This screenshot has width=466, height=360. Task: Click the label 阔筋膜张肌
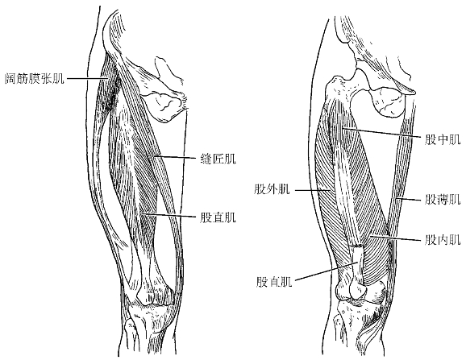click(x=35, y=78)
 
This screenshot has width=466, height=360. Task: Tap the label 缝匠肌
click(x=218, y=159)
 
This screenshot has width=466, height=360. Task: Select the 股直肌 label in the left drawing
click(x=218, y=217)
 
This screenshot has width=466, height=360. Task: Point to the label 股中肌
click(x=443, y=139)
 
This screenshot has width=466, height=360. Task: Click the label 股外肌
click(x=272, y=188)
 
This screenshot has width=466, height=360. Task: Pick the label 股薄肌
click(x=443, y=200)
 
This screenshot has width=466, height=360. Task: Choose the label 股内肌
click(x=443, y=239)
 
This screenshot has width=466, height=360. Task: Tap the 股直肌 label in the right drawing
click(x=274, y=281)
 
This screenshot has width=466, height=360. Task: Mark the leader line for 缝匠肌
click(x=175, y=157)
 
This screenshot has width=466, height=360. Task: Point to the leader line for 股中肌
click(x=382, y=132)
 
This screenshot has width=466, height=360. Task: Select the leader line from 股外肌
click(x=312, y=189)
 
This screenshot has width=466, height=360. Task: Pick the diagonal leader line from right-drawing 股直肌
click(x=327, y=271)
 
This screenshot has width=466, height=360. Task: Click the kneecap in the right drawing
click(x=356, y=288)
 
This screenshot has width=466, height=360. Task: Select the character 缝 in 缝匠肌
click(x=206, y=159)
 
